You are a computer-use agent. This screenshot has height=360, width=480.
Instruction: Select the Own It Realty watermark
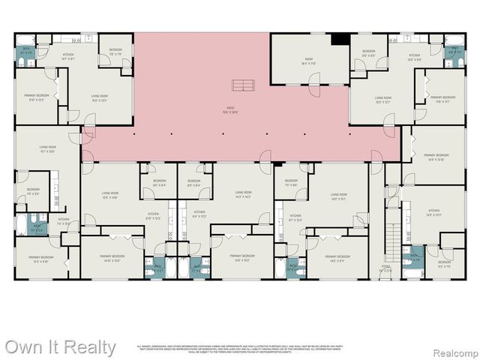pos(60,347)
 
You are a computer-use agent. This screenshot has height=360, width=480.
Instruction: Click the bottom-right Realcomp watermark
pos(452,349)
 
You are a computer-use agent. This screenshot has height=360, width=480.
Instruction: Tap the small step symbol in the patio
pos(241,84)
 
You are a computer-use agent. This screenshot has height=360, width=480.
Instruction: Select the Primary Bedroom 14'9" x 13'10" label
pos(435,157)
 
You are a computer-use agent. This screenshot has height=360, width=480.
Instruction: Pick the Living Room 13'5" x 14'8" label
pos(110,196)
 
